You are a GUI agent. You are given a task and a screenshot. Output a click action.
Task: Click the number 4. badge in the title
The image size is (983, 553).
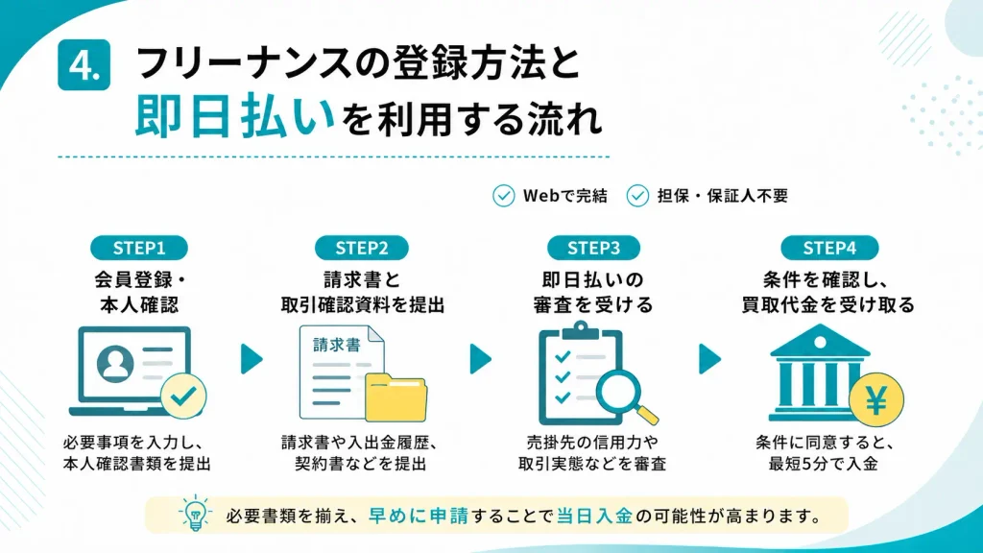pos(84,64)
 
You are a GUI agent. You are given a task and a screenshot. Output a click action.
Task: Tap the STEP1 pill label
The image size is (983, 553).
pos(139,248)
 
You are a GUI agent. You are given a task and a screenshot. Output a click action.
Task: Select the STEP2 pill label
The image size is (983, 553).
pos(362,248)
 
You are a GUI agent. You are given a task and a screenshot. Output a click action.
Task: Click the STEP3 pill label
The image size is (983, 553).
pos(593,248)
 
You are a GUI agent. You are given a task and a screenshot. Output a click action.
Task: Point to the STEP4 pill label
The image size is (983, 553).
pos(829,248)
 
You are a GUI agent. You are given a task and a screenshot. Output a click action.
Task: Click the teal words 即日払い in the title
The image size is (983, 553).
pos(235,116)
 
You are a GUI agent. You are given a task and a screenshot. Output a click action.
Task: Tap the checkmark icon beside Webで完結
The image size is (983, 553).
pos(503,196)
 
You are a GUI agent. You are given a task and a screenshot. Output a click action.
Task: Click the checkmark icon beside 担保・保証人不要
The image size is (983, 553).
pos(637,196)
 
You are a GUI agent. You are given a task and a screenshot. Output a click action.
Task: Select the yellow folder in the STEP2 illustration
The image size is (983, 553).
pos(396,397)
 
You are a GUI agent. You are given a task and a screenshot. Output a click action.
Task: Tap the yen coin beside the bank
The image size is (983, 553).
pos(876,399)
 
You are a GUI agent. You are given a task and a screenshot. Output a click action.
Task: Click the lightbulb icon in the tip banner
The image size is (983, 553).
pos(195,514)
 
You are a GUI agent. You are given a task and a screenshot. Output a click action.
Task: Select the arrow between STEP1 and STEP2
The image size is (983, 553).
pos(252,359)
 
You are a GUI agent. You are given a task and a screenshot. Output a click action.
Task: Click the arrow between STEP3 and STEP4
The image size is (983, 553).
pos(709,359)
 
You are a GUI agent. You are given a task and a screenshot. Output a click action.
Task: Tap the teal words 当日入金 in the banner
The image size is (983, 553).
pos(594,516)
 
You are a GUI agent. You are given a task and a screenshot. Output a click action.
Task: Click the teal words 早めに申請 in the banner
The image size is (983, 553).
pos(419,516)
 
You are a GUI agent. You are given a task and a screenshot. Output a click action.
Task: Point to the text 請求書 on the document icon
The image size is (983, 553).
pos(337,345)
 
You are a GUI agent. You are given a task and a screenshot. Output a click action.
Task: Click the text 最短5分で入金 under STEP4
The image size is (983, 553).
pos(823,464)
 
